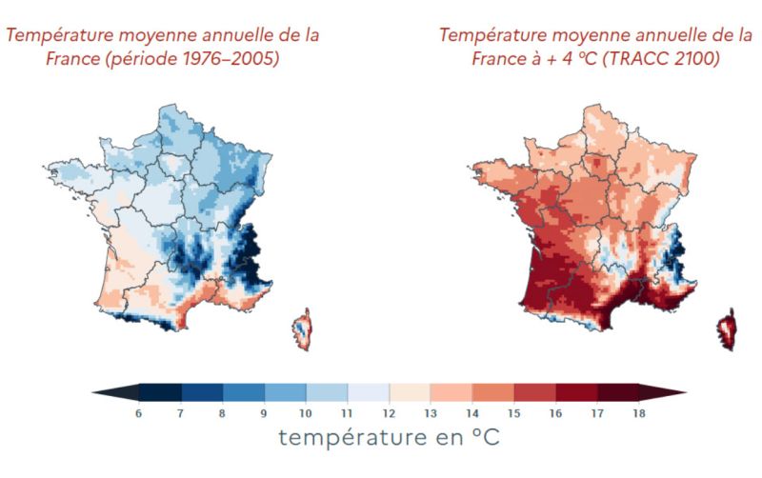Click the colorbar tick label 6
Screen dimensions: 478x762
[139, 413]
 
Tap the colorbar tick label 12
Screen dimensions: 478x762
[390, 413]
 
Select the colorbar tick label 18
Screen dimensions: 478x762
[640, 413]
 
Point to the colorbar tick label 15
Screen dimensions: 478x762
[514, 413]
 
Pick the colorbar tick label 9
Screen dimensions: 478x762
[264, 413]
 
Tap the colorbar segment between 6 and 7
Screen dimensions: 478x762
[160, 392]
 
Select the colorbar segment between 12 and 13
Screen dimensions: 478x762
[411, 392]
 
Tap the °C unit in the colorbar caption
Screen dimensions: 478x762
[481, 438]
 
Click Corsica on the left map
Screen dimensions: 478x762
[302, 329]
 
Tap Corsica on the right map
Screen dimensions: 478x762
[727, 329]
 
